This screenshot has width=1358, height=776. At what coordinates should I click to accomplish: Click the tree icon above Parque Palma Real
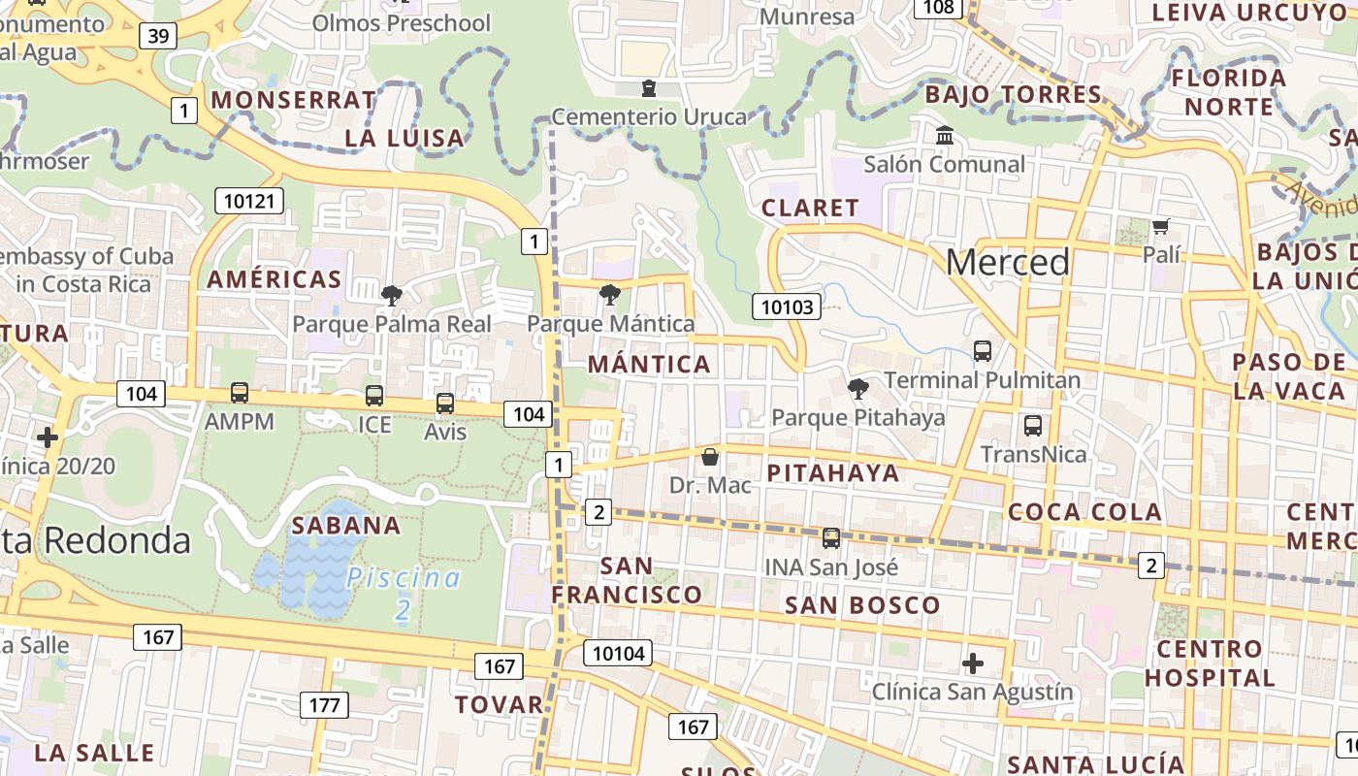pyautogui.click(x=392, y=295)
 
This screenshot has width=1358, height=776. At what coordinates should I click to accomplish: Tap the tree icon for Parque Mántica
pyautogui.click(x=610, y=295)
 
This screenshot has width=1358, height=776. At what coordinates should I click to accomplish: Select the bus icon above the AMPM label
pyautogui.click(x=240, y=393)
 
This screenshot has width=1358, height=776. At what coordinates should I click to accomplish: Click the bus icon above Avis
pyautogui.click(x=445, y=403)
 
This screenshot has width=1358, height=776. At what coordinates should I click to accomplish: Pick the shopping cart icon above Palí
pyautogui.click(x=1161, y=227)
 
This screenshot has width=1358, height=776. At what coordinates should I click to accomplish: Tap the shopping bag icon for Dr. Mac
pyautogui.click(x=710, y=457)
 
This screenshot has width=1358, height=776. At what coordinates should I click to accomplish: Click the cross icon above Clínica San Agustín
pyautogui.click(x=973, y=663)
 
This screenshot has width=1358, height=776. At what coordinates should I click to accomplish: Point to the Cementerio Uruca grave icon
pyautogui.click(x=649, y=89)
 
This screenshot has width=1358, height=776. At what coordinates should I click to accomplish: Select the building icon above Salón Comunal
pyautogui.click(x=944, y=136)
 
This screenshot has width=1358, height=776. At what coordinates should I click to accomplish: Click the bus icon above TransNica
pyautogui.click(x=1033, y=425)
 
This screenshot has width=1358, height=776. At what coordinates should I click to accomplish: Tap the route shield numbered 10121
pyautogui.click(x=250, y=202)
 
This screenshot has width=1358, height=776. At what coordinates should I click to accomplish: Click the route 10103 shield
pyautogui.click(x=787, y=307)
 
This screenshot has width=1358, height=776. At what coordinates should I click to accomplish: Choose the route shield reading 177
pyautogui.click(x=324, y=705)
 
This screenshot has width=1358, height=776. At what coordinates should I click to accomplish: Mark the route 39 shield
pyautogui.click(x=158, y=36)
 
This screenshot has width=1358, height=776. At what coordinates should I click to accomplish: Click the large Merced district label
pyautogui.click(x=1008, y=262)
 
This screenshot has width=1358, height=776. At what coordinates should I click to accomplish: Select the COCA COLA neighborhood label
pyautogui.click(x=1084, y=512)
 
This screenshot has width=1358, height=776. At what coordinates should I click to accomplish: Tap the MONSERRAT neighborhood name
pyautogui.click(x=293, y=100)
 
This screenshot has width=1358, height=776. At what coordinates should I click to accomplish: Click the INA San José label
pyautogui.click(x=831, y=566)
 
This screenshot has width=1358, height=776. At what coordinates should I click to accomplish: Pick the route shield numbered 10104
pyautogui.click(x=618, y=654)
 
